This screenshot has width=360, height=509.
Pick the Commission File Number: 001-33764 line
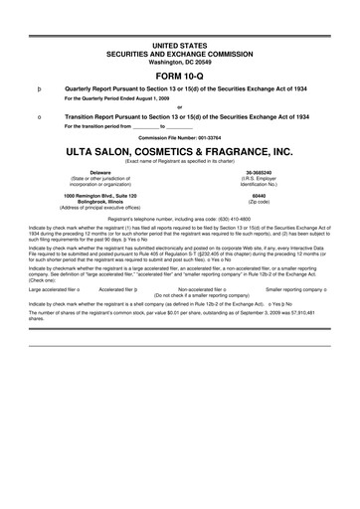tap(179, 136)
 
